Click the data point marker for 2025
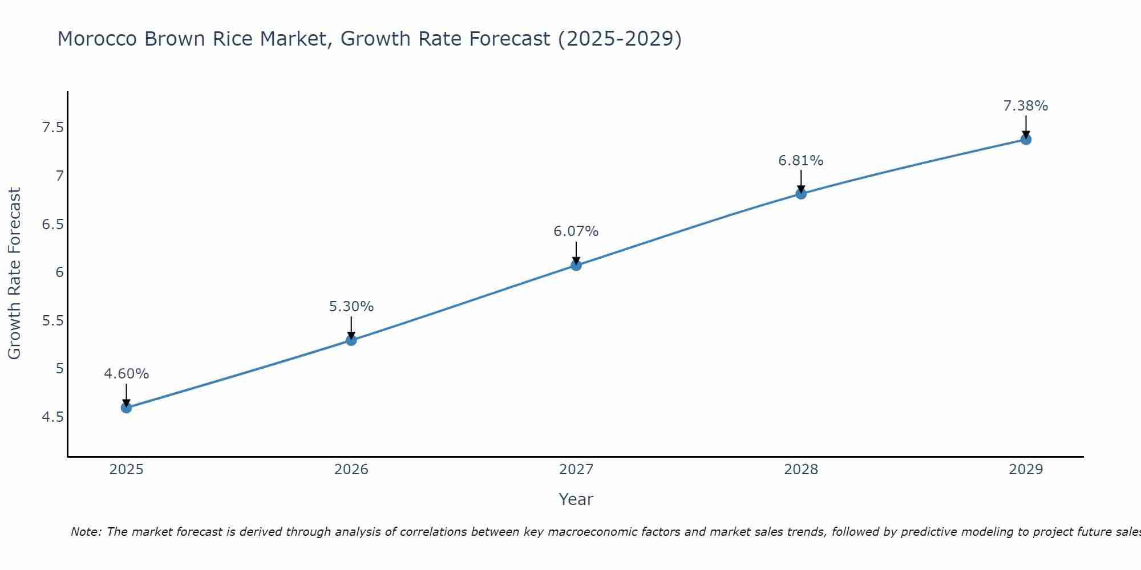(127, 408)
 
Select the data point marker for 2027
(576, 265)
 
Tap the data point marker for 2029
(1026, 139)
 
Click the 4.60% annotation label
(127, 374)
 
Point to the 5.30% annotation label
(351, 307)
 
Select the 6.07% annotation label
(576, 231)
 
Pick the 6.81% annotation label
(801, 161)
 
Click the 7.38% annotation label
(1026, 106)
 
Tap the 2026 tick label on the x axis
(351, 470)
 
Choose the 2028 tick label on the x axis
(801, 470)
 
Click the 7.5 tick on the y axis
(52, 128)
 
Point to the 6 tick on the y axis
(59, 272)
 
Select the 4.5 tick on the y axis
(52, 417)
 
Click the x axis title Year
(576, 499)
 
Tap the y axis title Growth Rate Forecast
(15, 274)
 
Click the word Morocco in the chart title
(98, 39)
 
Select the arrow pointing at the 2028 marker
(801, 182)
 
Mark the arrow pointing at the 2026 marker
(351, 328)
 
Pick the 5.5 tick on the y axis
(52, 321)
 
